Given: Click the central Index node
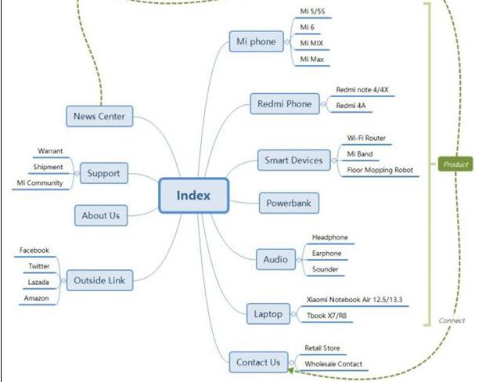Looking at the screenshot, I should click(193, 196).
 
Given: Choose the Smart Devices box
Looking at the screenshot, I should click(294, 160).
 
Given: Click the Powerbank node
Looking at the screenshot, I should click(289, 204).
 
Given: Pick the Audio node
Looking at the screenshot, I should click(275, 259).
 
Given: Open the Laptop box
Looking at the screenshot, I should click(268, 314).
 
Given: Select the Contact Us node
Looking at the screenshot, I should click(257, 362).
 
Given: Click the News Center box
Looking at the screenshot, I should click(99, 117).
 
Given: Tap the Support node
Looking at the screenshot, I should click(103, 173).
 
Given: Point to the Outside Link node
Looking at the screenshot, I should click(99, 279).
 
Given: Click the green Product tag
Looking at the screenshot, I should click(455, 165).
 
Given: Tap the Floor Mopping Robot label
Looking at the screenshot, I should click(379, 170).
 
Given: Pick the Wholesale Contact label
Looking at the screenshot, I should click(333, 364).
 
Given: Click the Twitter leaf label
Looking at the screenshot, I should click(39, 266).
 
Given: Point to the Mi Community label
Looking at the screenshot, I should click(40, 183).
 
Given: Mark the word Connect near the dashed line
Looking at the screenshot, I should click(452, 320).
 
